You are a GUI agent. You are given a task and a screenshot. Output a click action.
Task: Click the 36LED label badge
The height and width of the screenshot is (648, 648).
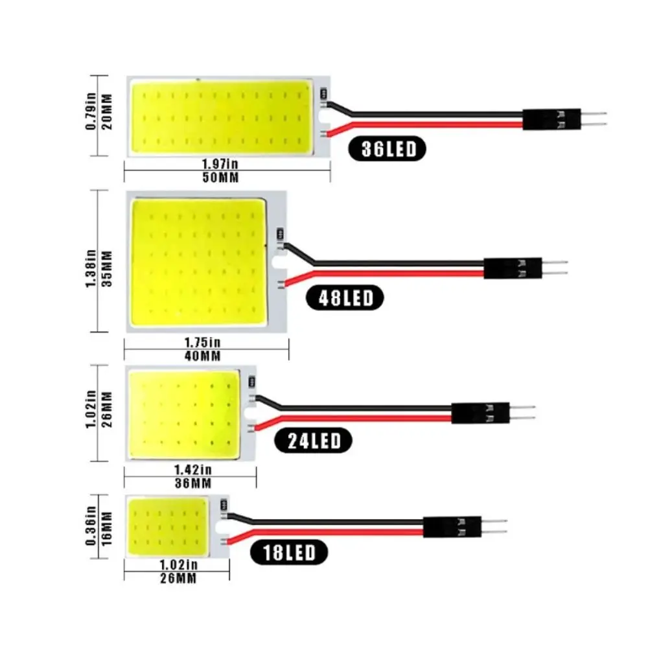(x=388, y=149)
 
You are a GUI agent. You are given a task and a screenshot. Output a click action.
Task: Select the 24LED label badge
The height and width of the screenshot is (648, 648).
(x=314, y=442)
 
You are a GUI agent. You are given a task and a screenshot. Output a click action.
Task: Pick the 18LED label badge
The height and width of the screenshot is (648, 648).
(x=288, y=553)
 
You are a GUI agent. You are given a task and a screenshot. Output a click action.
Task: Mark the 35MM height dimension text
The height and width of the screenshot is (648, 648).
(x=108, y=261)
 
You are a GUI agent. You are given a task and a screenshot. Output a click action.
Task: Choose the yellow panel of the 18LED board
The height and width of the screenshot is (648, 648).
(x=168, y=524)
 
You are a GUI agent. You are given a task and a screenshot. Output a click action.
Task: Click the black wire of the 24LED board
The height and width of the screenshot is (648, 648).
(x=356, y=408)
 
